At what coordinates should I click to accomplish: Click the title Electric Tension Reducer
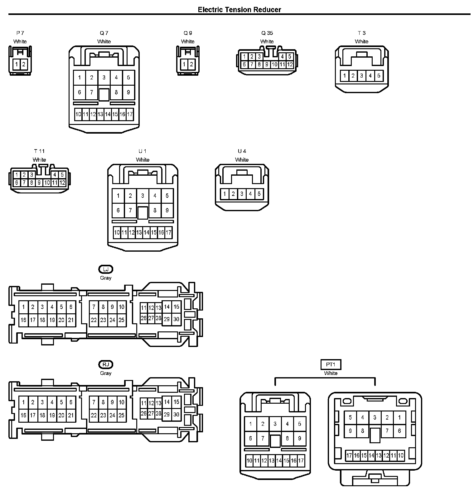pos(239,10)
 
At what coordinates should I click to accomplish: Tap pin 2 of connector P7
pos(24,65)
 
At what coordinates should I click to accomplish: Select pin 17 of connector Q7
pos(130,114)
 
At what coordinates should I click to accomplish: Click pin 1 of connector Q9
pos(184,64)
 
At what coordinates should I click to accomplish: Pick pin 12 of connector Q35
pos(290,64)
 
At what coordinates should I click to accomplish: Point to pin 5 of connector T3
pos(379,75)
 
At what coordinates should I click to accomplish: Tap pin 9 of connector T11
pos(39,183)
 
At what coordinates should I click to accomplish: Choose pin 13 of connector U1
pos(139,232)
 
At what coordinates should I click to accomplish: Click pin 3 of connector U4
pos(242,194)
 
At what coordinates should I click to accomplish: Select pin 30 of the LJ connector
pos(176,319)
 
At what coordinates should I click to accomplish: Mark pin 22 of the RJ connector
pos(94,415)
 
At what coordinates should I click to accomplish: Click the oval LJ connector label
pos(106,269)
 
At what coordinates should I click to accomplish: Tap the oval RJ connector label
pos(106,364)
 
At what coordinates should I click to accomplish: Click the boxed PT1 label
pos(331,364)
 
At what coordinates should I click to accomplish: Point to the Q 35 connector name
pos(267,33)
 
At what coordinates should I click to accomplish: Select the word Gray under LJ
pos(106,278)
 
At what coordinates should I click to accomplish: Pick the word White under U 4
pos(242,160)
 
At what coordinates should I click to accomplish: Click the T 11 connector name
pos(39,151)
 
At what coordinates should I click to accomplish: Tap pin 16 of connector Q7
pos(122,114)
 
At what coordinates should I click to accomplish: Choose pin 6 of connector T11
pos(17,183)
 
